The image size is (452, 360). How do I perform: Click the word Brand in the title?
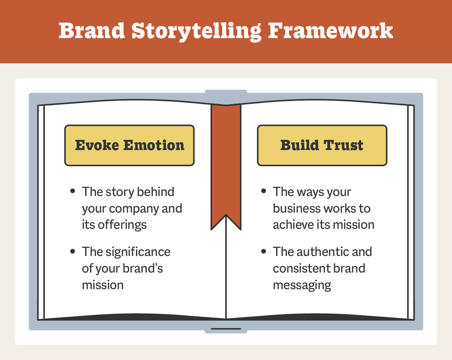click(x=91, y=31)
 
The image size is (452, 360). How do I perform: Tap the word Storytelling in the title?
click(x=196, y=31)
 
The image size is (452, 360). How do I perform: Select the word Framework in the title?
click(x=330, y=31)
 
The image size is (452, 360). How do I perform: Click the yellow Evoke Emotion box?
click(x=130, y=146)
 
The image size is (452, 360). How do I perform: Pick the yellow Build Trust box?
click(x=322, y=146)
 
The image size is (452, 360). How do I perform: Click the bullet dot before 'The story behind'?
click(x=73, y=191)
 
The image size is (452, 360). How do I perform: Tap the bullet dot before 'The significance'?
click(x=73, y=251)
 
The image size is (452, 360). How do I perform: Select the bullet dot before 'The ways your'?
click(x=264, y=191)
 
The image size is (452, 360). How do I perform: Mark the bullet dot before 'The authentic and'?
click(x=264, y=251)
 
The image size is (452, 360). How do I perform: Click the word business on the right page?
click(x=296, y=208)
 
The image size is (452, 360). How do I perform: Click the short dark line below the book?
click(x=226, y=329)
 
